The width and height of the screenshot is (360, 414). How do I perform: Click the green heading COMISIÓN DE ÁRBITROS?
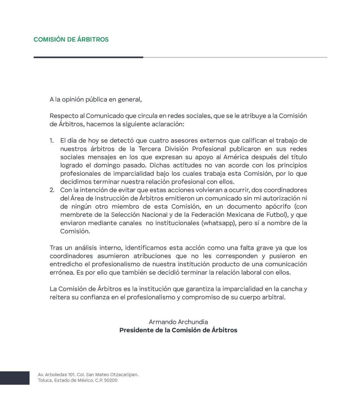coord(71,39)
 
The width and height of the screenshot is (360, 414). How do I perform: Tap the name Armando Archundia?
coord(178,322)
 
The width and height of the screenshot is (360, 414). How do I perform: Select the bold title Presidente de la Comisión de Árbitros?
coord(178,330)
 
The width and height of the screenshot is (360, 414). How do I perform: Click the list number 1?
coord(51,141)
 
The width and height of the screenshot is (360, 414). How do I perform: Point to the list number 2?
coord(52,190)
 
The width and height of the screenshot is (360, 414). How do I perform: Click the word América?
coord(236,157)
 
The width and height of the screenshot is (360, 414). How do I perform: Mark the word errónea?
coord(61,272)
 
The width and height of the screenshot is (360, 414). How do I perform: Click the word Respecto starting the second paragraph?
coord(64,116)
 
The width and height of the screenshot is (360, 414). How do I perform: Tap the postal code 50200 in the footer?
coord(111,380)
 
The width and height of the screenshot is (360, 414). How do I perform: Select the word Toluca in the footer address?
coord(45,380)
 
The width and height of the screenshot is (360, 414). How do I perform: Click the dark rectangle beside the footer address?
coord(15,378)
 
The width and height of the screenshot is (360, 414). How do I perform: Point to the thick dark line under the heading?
coord(88,58)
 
